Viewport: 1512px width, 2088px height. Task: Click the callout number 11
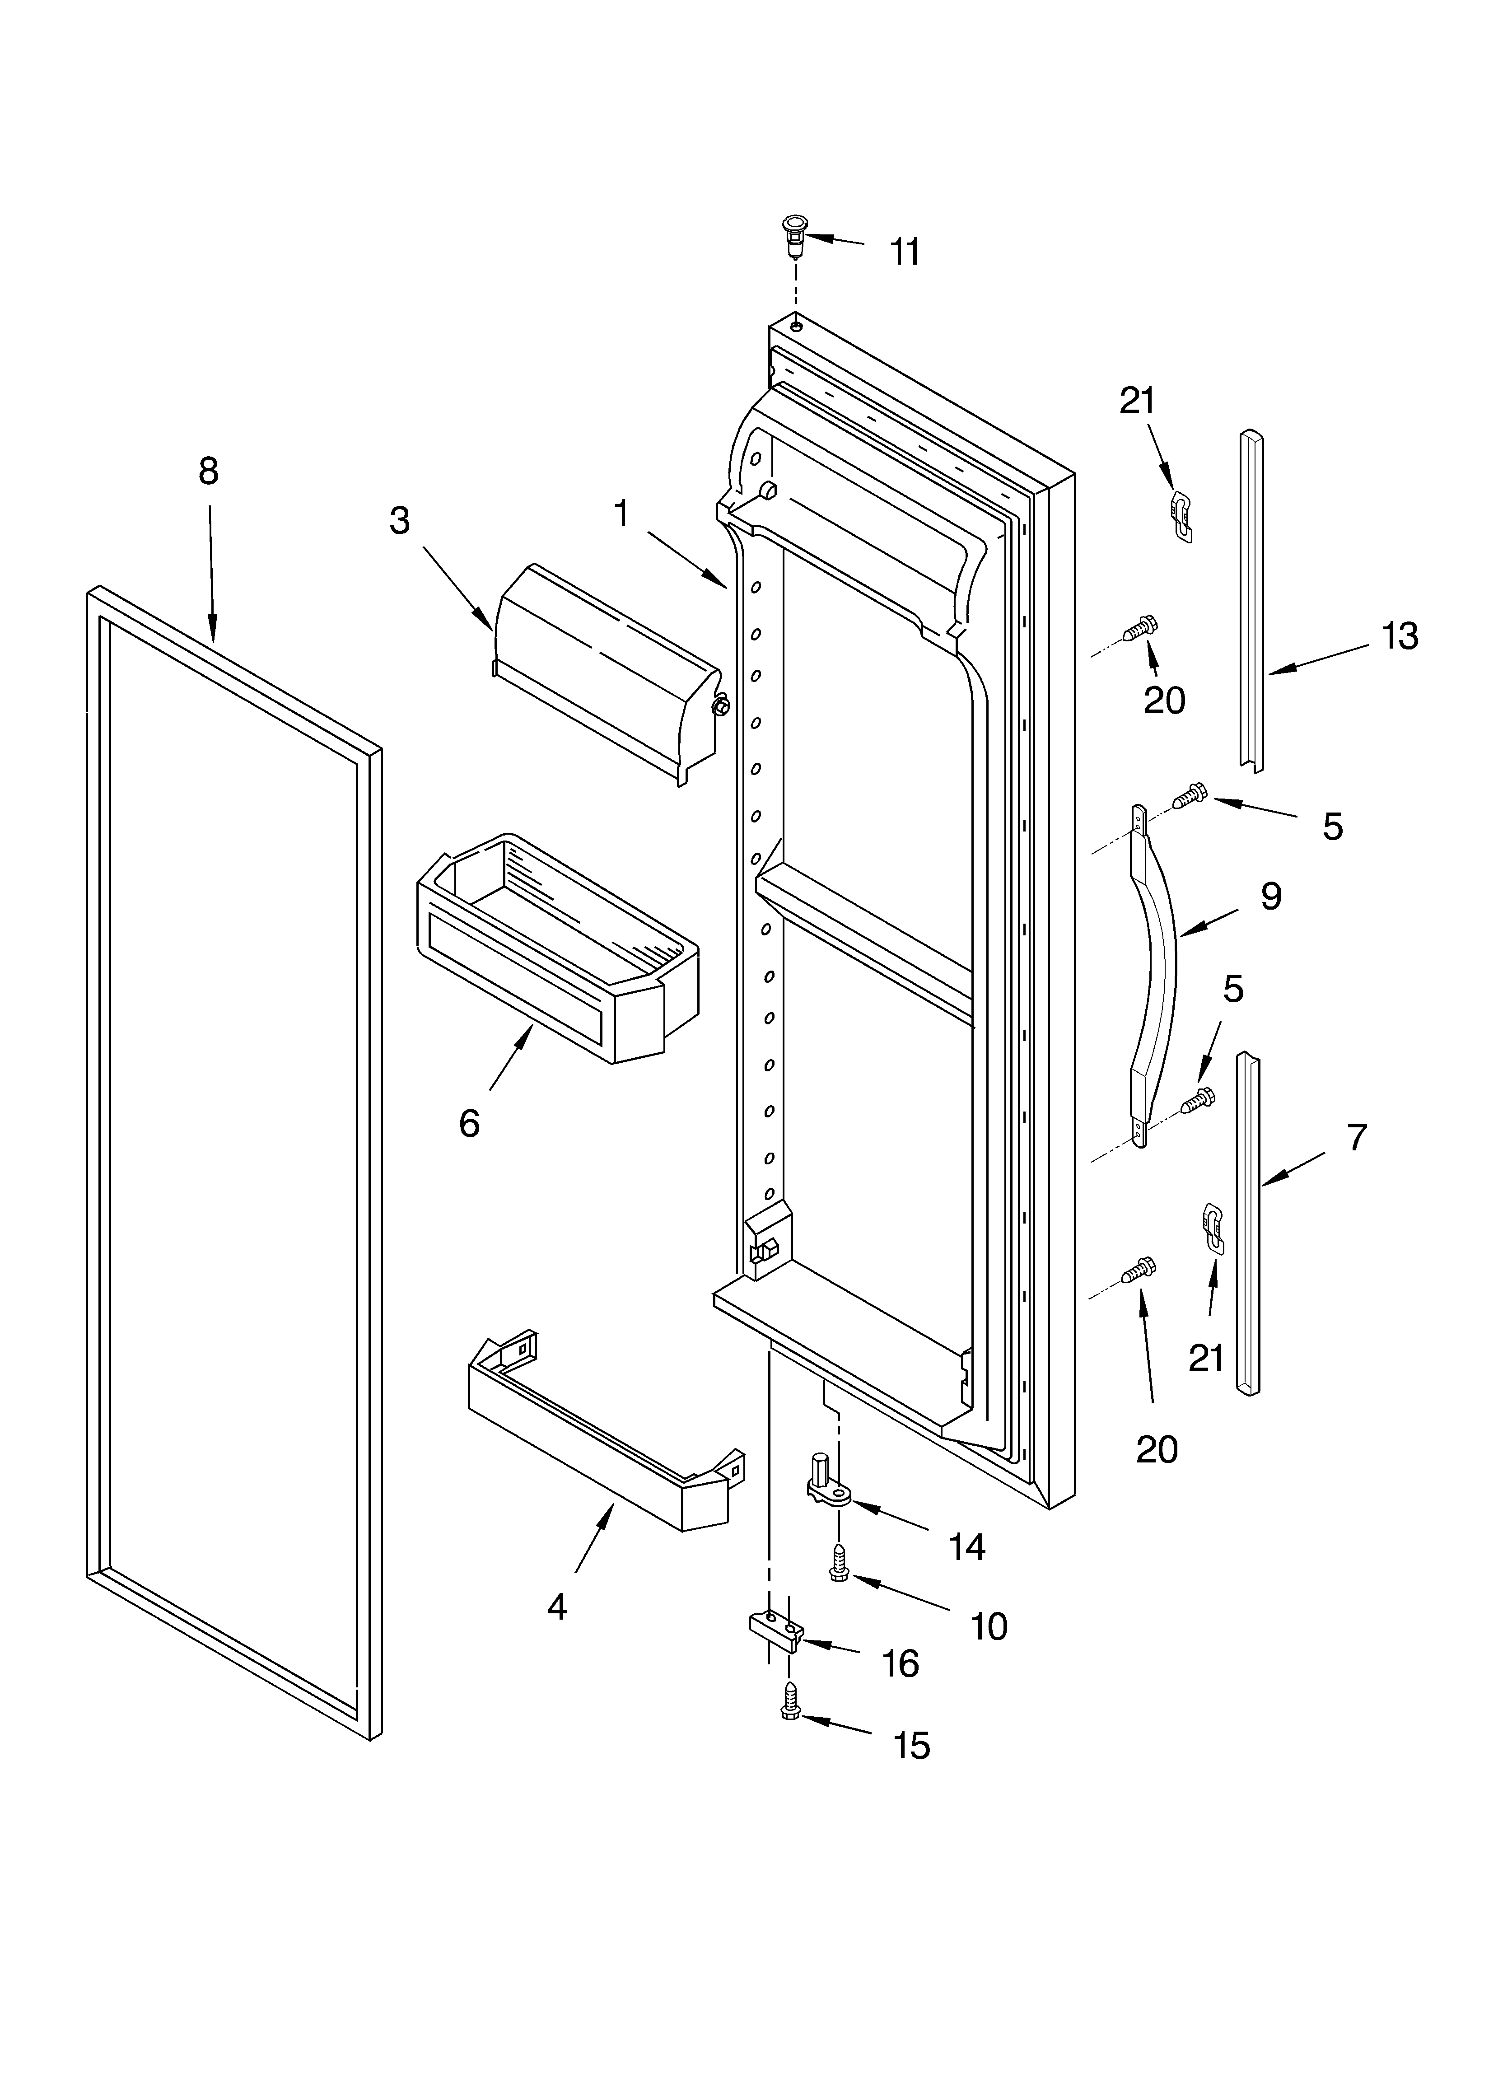point(905,251)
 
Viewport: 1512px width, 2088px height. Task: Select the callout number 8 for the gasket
point(209,472)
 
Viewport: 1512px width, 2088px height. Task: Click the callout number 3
point(399,521)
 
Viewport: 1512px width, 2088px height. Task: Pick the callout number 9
point(1271,896)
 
